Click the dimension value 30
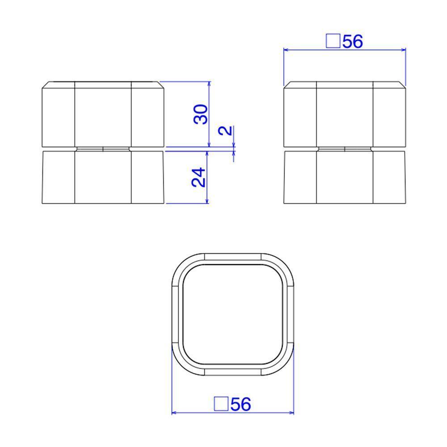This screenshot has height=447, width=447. (201, 114)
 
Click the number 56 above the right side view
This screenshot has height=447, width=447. (353, 42)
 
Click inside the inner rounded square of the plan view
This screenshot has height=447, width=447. (232, 314)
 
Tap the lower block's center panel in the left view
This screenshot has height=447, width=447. (103, 177)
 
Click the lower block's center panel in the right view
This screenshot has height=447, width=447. (345, 177)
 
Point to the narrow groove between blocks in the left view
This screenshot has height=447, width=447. (103, 149)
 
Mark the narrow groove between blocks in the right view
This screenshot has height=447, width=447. (345, 149)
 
